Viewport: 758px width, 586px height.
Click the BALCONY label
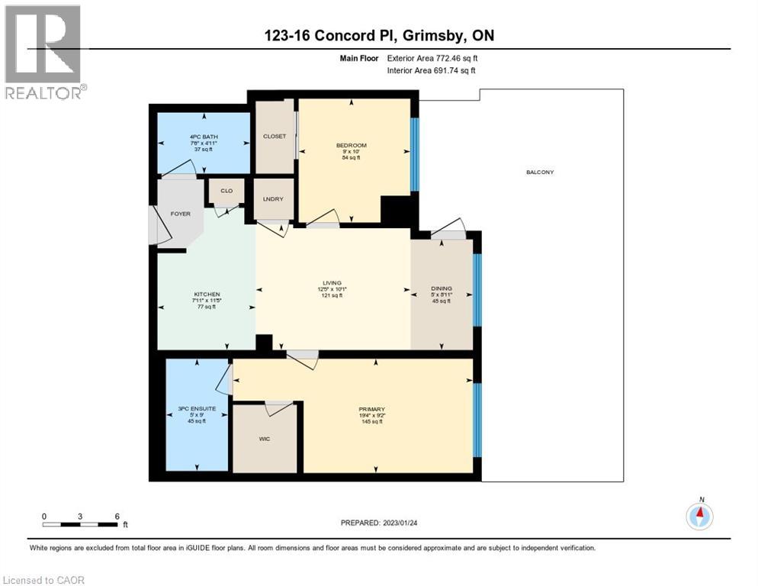(539, 172)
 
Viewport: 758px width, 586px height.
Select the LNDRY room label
(273, 199)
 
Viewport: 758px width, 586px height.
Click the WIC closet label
(265, 439)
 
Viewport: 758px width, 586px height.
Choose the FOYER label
(180, 214)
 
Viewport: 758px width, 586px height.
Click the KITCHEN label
(207, 295)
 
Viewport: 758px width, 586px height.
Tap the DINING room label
(442, 288)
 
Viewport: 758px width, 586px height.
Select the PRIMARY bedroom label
(372, 410)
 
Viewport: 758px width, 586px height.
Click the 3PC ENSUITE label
(197, 408)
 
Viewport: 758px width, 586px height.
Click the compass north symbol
(700, 516)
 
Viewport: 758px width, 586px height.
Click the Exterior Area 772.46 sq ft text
(435, 58)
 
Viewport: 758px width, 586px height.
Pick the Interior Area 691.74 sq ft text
(436, 71)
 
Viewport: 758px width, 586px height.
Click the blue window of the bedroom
(414, 155)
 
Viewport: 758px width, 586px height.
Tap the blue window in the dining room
(477, 290)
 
